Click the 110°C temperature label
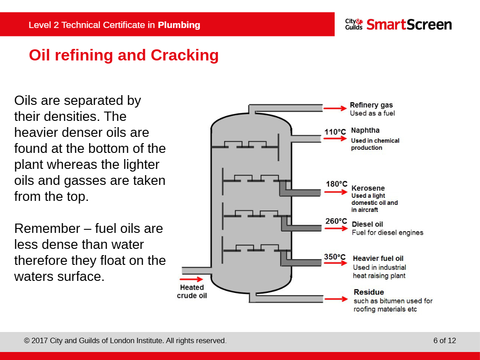coord(335,132)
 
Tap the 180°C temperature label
coord(336,184)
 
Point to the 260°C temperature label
coord(336,221)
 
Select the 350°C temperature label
coord(335,257)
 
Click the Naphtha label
coord(365,130)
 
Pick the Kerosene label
coord(368,188)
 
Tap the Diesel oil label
coord(367,224)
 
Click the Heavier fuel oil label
coord(378,258)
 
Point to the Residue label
coord(369,292)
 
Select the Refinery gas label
coord(371,105)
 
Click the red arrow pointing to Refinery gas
coord(335,108)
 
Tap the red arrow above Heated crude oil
coord(192,280)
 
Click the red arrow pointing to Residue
coord(336,299)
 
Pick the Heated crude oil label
coord(192,292)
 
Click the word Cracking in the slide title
coord(184,55)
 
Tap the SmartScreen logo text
coord(409,24)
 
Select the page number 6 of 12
coord(444,341)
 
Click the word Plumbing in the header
coord(179,25)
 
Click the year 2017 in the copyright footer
coord(40,341)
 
